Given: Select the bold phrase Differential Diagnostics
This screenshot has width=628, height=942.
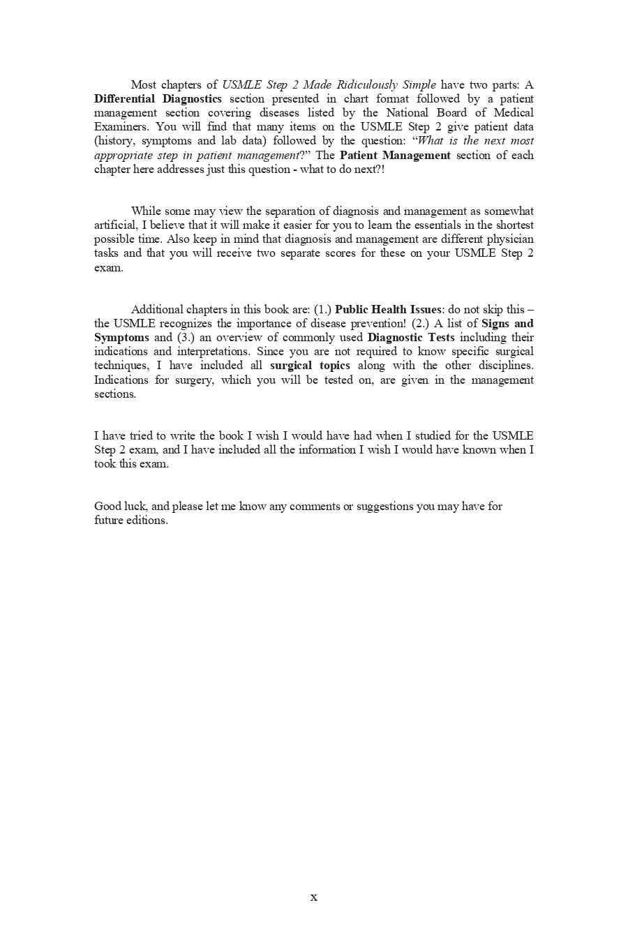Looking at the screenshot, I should point(158,99).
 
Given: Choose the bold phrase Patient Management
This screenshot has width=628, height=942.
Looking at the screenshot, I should point(395,156).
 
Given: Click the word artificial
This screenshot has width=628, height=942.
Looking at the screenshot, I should point(115,225).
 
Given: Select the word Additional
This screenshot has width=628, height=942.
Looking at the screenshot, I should point(157,310).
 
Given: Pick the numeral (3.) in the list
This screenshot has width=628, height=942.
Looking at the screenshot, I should point(186,338).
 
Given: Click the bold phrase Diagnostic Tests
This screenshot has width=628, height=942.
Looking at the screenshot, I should point(411,338).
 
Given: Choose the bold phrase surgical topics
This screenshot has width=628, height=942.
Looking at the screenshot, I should point(310,366).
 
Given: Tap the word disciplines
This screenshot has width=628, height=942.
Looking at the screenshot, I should point(506,366).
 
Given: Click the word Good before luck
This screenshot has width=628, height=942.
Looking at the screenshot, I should point(107,507).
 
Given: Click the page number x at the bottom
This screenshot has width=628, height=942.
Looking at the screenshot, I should point(313,897).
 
